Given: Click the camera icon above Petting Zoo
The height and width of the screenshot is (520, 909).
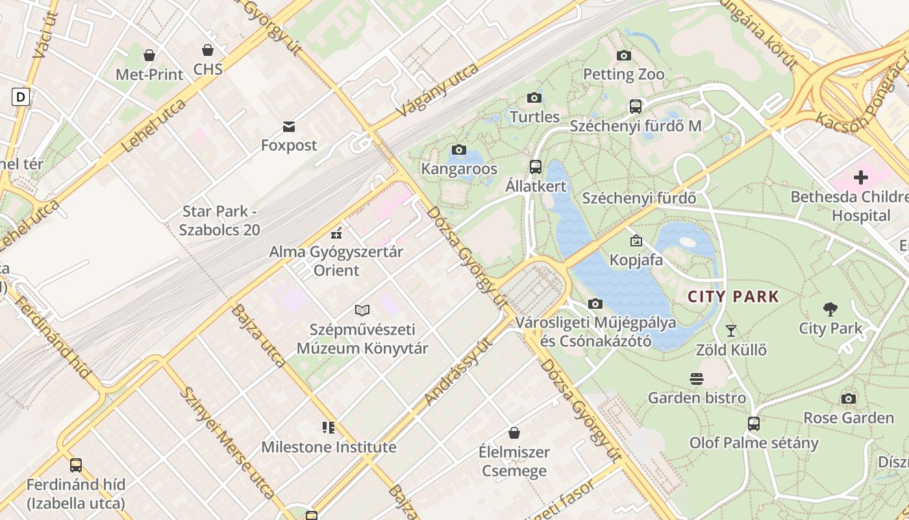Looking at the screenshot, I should click(623, 56).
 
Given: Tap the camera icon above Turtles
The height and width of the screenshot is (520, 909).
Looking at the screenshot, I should click(534, 98).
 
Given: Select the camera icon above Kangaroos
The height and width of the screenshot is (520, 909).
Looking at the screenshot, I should click(459, 150).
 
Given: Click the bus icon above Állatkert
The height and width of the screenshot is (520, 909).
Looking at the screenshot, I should click(536, 167).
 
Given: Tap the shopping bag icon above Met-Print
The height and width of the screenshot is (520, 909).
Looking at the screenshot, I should click(149, 56).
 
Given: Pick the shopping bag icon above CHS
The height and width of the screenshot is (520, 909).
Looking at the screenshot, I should click(208, 50).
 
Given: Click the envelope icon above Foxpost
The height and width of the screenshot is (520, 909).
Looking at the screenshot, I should click(289, 126).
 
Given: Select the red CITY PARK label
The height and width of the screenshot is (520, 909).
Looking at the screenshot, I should click(733, 297).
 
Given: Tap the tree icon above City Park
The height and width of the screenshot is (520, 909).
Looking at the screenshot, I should click(830, 309).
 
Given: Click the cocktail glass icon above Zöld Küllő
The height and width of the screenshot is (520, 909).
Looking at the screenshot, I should click(731, 331).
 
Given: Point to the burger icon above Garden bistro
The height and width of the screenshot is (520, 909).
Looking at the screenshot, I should click(697, 378).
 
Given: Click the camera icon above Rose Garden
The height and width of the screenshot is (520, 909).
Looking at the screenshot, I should click(849, 398).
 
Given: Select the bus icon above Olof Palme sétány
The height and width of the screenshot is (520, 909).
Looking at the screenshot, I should click(753, 424).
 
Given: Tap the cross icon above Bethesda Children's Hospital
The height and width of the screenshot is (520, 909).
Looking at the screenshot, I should click(861, 177).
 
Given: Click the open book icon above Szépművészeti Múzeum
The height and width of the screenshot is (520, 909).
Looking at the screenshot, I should click(362, 311).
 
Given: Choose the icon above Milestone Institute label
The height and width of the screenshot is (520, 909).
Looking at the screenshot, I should click(329, 428).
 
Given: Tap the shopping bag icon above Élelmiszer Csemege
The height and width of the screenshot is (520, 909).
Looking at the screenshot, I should click(514, 433).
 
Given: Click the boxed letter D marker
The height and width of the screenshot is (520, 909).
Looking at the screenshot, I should click(21, 97).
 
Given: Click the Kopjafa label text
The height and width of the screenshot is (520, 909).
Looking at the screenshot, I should click(636, 260).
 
